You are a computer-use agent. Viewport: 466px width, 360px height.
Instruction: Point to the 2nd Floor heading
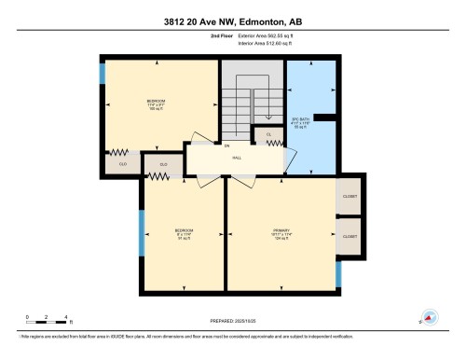(208, 35)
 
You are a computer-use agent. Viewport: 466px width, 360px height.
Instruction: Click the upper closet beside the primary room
(349, 197)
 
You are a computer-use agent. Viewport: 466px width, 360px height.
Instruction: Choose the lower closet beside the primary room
(349, 236)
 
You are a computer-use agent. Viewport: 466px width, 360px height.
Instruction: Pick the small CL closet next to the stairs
(267, 135)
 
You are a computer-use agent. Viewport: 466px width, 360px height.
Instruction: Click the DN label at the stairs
(226, 145)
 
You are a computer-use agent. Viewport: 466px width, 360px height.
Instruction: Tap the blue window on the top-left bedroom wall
(103, 74)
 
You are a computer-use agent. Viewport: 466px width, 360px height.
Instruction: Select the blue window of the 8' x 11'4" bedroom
(142, 230)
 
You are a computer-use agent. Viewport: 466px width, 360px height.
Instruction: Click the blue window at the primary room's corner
(338, 272)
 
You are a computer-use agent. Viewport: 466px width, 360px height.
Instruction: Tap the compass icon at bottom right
(430, 317)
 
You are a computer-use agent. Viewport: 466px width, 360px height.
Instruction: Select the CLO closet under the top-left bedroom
(120, 163)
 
